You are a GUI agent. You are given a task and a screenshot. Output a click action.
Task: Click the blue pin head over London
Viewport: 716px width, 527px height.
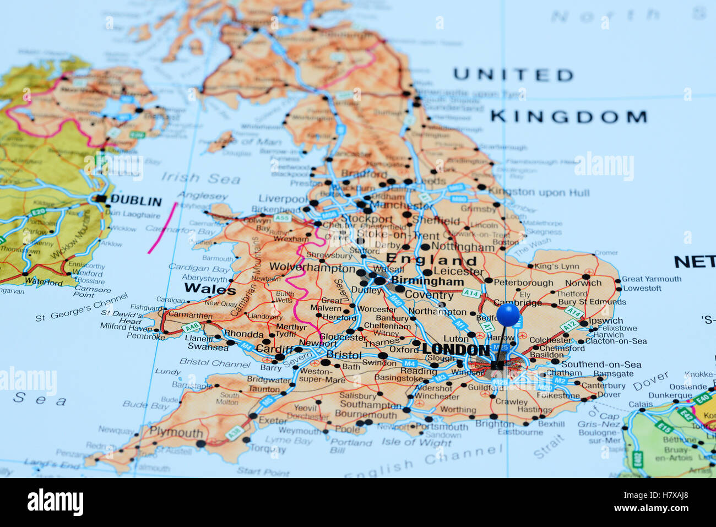tap(508, 314)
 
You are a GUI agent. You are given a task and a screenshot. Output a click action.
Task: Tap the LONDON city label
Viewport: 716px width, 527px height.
tap(455, 349)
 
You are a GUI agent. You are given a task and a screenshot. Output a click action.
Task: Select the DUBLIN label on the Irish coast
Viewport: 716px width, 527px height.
tap(135, 201)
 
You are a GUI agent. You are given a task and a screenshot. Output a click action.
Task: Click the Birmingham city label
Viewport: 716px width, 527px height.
tap(427, 281)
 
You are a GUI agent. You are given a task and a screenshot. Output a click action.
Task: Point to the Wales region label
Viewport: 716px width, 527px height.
tap(210, 289)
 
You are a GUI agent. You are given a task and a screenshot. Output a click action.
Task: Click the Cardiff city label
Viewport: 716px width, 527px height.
tap(274, 349)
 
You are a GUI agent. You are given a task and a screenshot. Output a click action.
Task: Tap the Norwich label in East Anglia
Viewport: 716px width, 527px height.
tap(583, 283)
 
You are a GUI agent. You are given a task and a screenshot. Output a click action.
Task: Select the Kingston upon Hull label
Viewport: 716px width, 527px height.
tap(539, 193)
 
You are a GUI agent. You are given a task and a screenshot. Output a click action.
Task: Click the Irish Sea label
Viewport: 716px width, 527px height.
tap(200, 178)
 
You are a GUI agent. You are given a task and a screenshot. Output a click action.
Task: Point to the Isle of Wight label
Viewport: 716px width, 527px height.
tap(416, 442)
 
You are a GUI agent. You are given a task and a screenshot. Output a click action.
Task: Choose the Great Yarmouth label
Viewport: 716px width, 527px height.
tap(652, 279)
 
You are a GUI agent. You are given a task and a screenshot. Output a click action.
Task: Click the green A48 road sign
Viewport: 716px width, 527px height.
tap(192, 327)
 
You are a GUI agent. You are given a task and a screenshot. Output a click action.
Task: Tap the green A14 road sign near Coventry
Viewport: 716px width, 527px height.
tap(470, 293)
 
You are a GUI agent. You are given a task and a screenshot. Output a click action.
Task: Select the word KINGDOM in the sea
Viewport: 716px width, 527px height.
tap(568, 117)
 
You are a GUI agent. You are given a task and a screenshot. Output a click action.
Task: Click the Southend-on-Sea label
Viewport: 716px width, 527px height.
tap(601, 365)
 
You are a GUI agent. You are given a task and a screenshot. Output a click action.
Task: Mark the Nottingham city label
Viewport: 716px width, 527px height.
tap(463, 247)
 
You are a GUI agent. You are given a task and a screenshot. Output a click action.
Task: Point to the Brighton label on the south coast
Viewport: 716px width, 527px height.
tap(494, 423)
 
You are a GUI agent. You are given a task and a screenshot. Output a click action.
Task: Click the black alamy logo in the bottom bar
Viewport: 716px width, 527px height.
tap(55, 502)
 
